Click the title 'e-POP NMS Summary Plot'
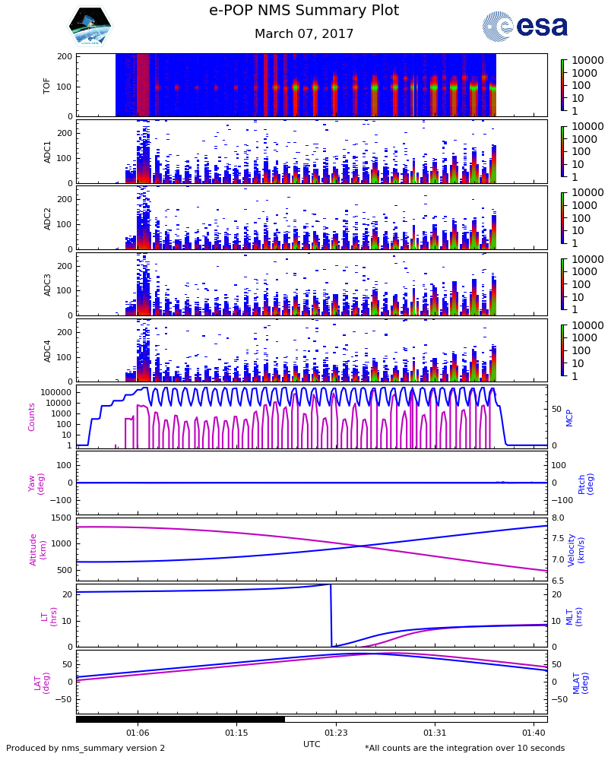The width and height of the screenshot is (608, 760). coord(304,11)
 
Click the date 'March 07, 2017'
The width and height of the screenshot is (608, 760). coord(304,34)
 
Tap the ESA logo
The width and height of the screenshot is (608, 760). coord(525,27)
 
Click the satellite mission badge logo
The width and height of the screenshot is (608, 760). coord(90,27)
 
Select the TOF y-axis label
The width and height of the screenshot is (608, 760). coord(47,85)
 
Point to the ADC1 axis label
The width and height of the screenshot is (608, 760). coord(47,151)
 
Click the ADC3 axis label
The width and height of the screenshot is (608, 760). coord(47,284)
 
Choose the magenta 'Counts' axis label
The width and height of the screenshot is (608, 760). coord(32,416)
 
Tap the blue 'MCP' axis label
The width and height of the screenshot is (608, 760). coord(569,416)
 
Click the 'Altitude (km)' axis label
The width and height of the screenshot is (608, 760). coord(38,549)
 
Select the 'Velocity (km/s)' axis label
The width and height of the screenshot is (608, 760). coord(576,549)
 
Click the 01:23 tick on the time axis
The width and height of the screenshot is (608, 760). coord(336,733)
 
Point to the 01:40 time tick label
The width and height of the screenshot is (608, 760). coord(534,733)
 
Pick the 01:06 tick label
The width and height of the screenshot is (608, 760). coord(138,733)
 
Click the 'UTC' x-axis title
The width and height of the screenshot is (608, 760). coord(312,744)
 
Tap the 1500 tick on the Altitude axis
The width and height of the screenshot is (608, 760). coord(61,518)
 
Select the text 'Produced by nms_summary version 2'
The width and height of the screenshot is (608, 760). coord(85,749)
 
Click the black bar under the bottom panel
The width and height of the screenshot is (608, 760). coord(180,719)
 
